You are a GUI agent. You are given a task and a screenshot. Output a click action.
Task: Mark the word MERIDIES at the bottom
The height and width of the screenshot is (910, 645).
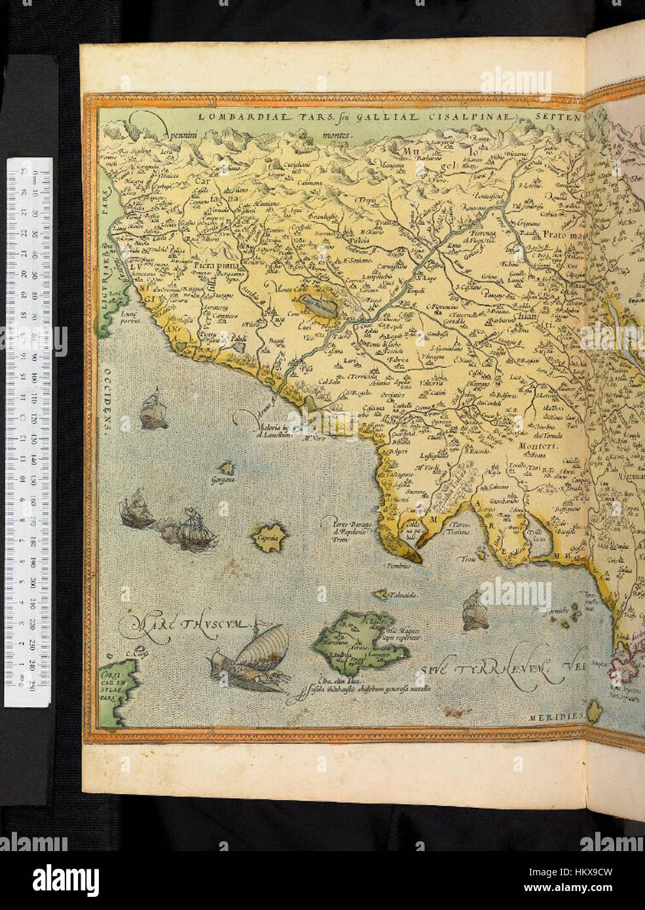point(555,717)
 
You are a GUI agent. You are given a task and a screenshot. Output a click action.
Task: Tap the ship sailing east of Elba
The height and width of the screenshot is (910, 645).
point(473,610)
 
